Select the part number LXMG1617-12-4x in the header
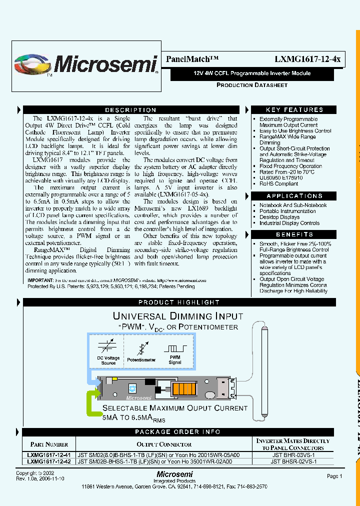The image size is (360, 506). pos(307,59)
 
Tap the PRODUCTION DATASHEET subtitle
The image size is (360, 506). pos(251,85)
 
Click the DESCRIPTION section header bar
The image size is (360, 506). pos(130,110)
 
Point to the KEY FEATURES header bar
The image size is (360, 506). pos(294,110)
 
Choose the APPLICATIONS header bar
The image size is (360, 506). pos(294,196)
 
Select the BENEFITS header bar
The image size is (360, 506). pos(294,234)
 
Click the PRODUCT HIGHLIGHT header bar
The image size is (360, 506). pos(178,302)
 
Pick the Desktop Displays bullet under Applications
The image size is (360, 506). pos(279,217)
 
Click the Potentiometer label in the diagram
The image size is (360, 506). pos(141,359)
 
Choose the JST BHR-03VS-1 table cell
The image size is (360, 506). pos(292,455)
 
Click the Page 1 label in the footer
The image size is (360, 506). pos(334,476)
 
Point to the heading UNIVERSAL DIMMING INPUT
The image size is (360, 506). pos(178,316)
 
